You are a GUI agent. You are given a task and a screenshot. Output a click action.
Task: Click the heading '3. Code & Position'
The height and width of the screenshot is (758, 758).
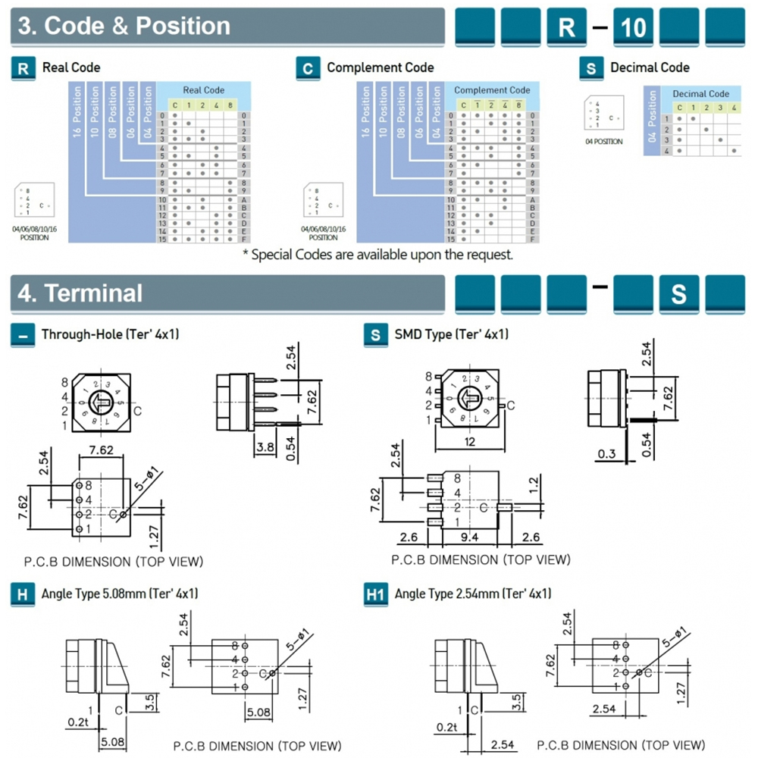124,26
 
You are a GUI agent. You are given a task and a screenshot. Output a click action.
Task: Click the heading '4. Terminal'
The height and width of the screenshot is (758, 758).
80,293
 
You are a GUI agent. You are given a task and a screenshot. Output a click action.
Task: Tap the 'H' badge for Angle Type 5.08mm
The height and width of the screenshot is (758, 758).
23,594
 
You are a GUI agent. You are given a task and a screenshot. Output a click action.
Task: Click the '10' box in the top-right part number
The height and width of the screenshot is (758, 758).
633,27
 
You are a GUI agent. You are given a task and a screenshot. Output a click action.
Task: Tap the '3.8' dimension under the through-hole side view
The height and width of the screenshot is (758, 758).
265,448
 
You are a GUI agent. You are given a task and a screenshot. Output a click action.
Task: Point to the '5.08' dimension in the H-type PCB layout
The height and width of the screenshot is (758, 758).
259,712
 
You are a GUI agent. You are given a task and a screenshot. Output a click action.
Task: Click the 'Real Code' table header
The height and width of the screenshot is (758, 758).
204,90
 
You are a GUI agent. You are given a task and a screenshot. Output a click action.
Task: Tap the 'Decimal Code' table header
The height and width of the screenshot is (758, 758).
700,94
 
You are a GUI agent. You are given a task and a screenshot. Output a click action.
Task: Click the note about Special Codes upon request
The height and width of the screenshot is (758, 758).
377,255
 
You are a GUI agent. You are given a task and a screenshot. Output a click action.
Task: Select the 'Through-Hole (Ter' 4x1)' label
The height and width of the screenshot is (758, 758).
110,334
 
